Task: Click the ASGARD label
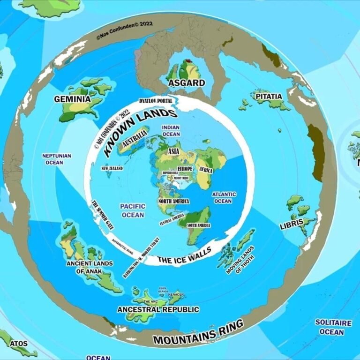click(x=186, y=83)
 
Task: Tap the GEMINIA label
click(x=72, y=99)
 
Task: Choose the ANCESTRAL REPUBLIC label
click(x=158, y=309)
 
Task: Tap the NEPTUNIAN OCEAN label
click(x=56, y=159)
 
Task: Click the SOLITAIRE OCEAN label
click(x=333, y=327)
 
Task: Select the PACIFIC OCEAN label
click(x=132, y=210)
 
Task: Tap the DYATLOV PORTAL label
click(x=156, y=101)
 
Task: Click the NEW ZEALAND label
click(x=112, y=168)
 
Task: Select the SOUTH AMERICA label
click(x=199, y=225)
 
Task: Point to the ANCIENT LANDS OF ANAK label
click(x=89, y=266)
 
